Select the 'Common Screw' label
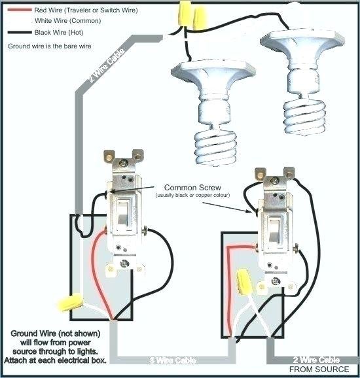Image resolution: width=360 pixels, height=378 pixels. click(189, 187)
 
